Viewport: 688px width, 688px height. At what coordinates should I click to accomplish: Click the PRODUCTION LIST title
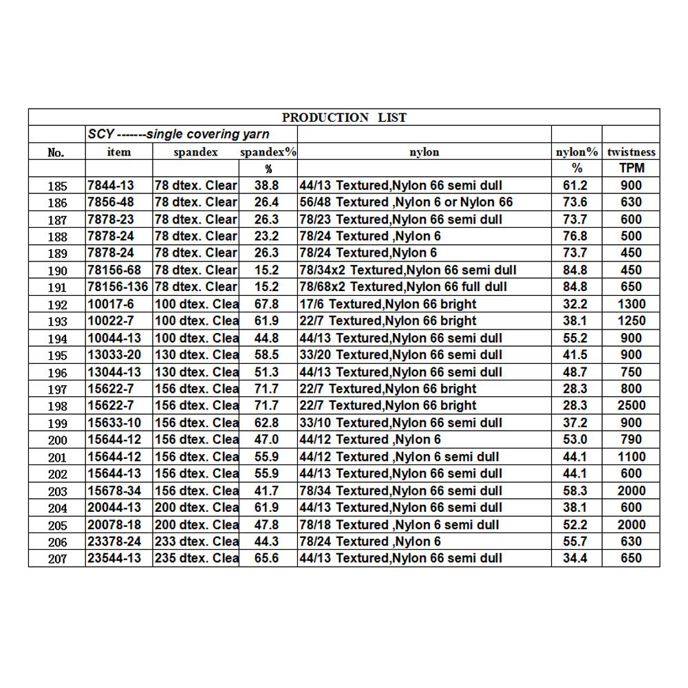pos(344,118)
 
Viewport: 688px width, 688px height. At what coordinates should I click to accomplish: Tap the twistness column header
pos(631,152)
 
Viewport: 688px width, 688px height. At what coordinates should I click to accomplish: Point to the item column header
pos(119,152)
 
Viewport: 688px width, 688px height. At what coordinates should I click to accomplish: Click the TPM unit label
pos(631,169)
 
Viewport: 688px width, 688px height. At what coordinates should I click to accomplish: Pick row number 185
pos(57,186)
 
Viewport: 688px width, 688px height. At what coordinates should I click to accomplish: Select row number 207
pos(57,559)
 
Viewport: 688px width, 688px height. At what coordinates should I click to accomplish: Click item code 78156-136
pos(119,287)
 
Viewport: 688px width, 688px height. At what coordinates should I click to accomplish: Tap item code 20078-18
pos(115,524)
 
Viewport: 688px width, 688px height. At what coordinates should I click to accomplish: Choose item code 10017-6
pos(112,304)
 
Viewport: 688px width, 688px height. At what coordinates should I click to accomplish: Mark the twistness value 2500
pos(631,406)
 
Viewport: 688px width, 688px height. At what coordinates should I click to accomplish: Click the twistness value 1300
pos(631,304)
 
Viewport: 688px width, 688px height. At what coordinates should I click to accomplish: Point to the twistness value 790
pos(631,440)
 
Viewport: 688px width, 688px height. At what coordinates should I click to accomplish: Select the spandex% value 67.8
pos(266,304)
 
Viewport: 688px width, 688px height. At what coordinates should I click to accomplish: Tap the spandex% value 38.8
pos(266,186)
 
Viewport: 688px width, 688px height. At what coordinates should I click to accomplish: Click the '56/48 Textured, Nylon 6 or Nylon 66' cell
pos(406,202)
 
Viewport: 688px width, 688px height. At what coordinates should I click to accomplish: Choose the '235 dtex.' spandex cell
pos(196,558)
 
